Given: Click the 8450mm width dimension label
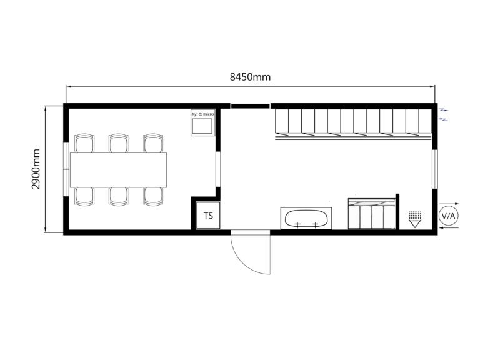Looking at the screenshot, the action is coord(250,77).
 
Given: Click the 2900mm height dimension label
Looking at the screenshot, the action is coord(36,169).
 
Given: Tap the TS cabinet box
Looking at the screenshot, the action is coord(208,215).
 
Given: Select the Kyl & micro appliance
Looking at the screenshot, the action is coord(202,122).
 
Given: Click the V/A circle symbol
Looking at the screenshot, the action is coord(449,216).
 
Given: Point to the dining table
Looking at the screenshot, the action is coord(119,169).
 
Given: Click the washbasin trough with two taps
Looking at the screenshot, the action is coord(306,218).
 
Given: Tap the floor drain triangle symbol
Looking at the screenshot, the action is coord(415,219).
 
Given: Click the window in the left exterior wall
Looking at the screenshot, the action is coord(66,169).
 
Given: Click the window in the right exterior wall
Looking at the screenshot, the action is coord(435,169).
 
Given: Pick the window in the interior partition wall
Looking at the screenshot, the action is coord(218,169).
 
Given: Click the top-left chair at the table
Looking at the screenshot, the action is coord(84,143).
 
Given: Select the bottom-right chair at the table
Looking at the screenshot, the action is coord(153,196).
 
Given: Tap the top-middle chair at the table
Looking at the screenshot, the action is coord(119,143).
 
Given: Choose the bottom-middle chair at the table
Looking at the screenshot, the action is coord(119,196).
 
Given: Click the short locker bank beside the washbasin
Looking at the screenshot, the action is coord(372,214).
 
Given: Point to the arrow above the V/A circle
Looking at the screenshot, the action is coord(449,204).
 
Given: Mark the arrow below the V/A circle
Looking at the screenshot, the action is coord(449,227).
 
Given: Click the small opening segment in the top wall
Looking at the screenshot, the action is coord(250,106).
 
